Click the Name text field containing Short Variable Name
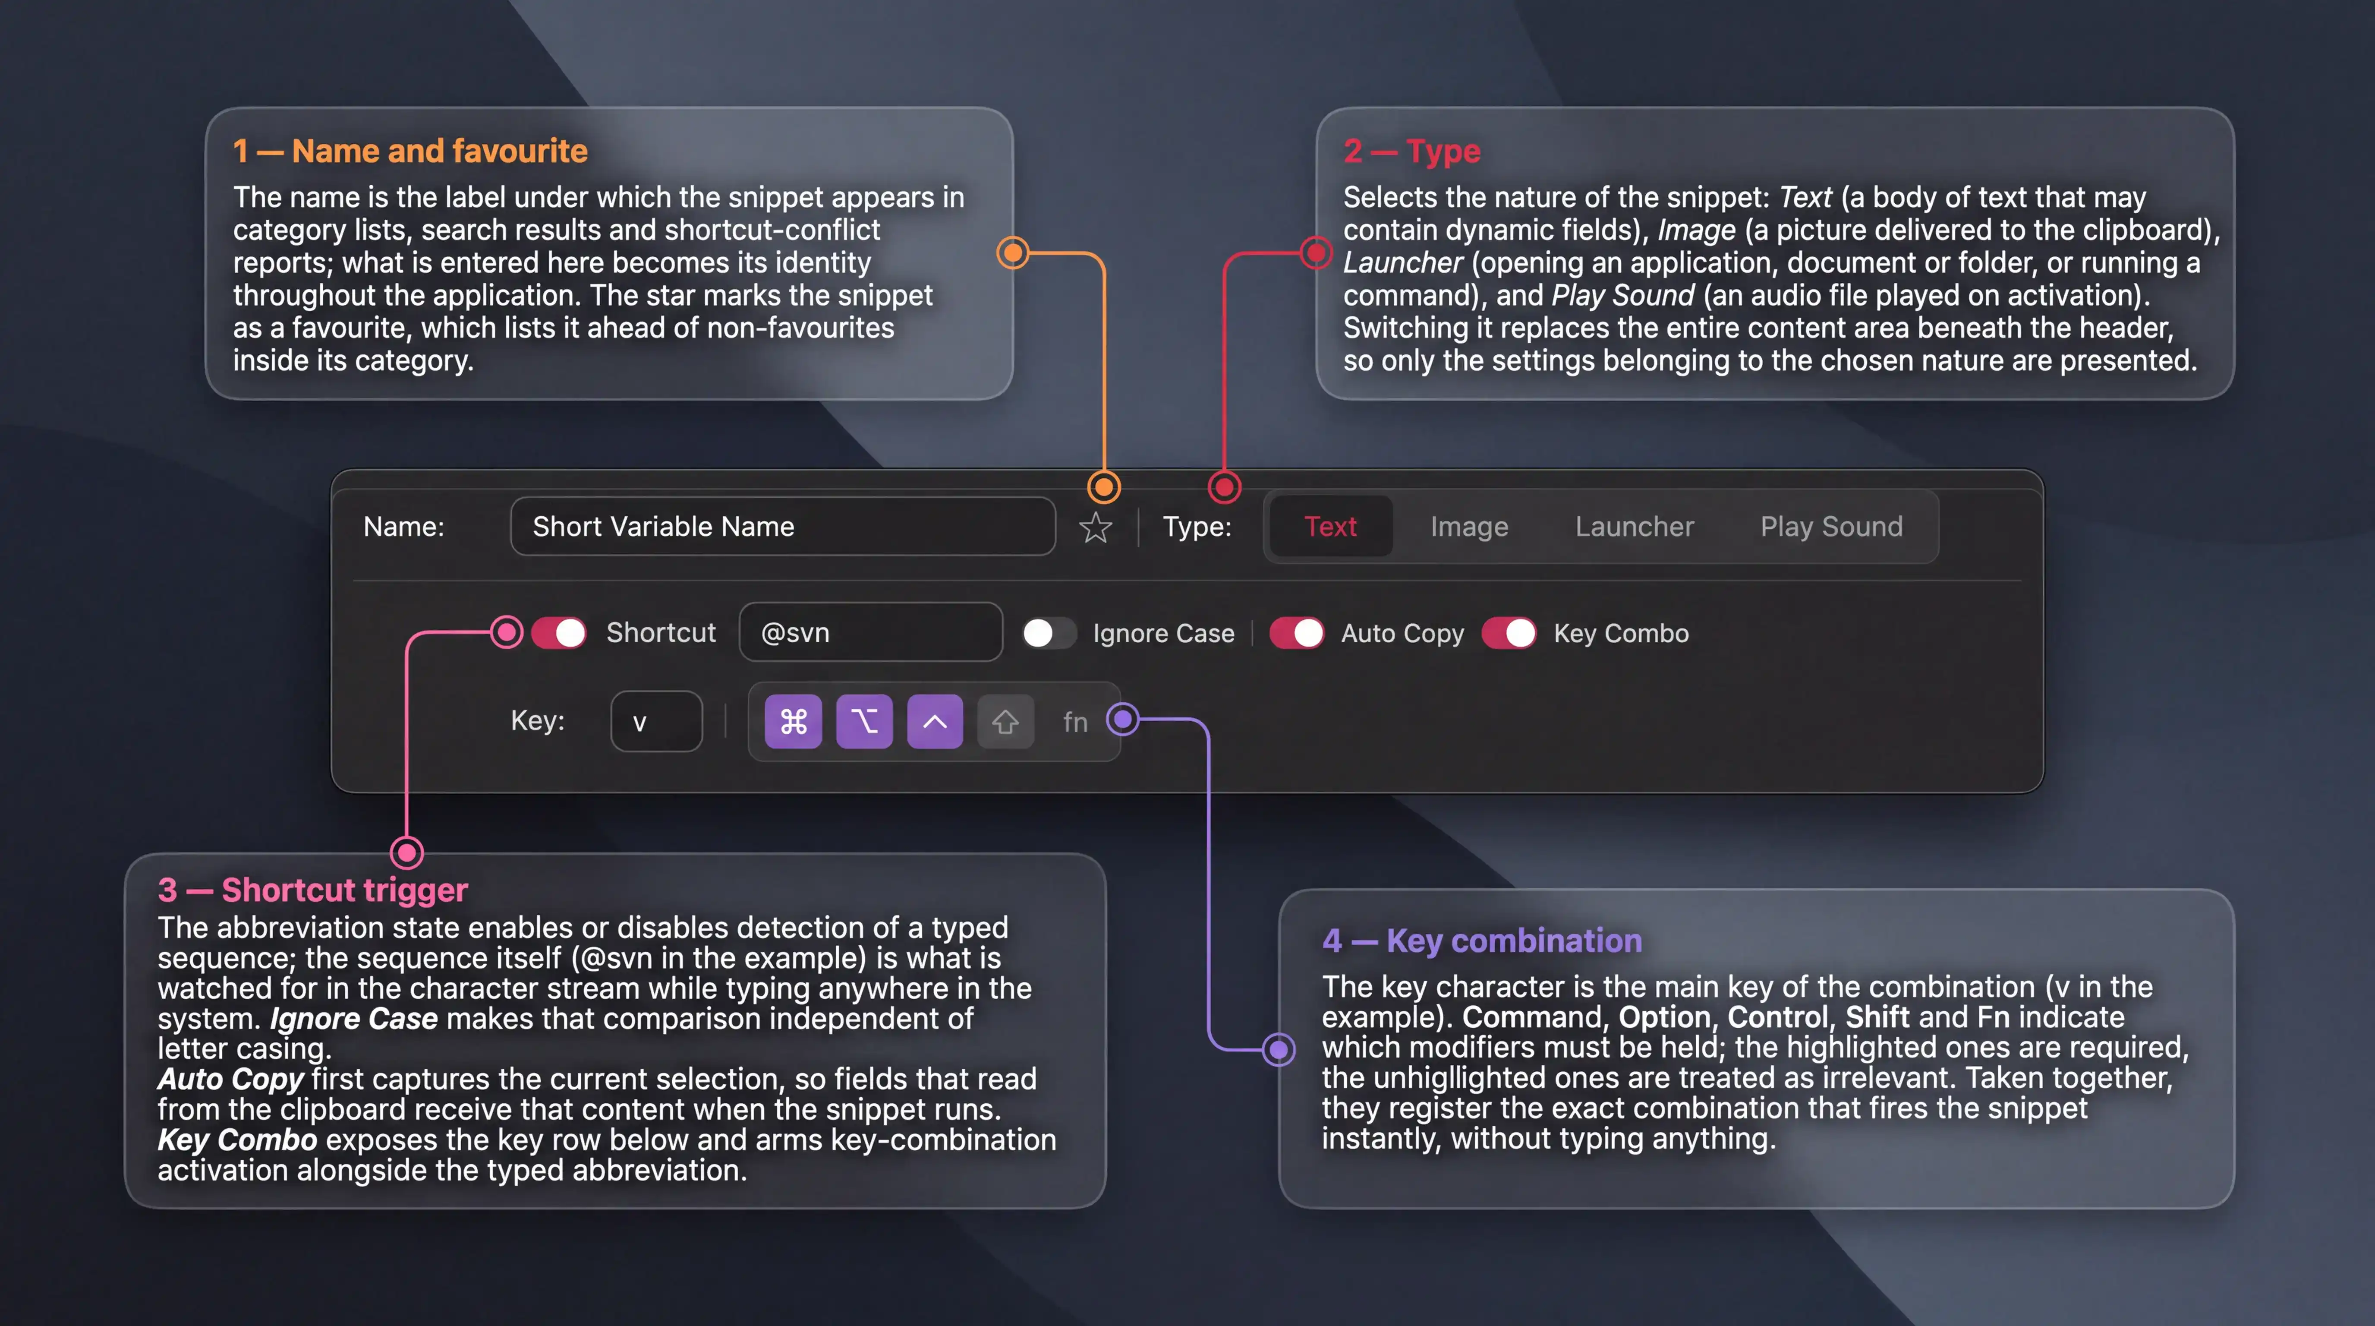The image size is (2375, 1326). click(x=783, y=527)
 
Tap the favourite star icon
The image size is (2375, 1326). click(x=1095, y=527)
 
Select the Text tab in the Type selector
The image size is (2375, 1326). click(x=1330, y=527)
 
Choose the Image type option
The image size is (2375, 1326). click(x=1469, y=527)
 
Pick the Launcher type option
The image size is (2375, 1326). click(x=1634, y=527)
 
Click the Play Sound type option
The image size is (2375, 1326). click(x=1831, y=527)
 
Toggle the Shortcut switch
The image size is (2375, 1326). click(x=559, y=633)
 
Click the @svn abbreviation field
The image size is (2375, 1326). click(x=870, y=633)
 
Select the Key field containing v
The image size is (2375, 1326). click(x=656, y=721)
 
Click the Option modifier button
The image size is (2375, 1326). click(x=864, y=721)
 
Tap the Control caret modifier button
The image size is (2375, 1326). click(x=935, y=721)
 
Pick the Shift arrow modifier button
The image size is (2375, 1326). click(x=1005, y=721)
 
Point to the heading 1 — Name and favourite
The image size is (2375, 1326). click(x=410, y=150)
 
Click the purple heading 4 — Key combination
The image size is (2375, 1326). click(x=1482, y=941)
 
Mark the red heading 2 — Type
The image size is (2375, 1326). click(x=1411, y=151)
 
